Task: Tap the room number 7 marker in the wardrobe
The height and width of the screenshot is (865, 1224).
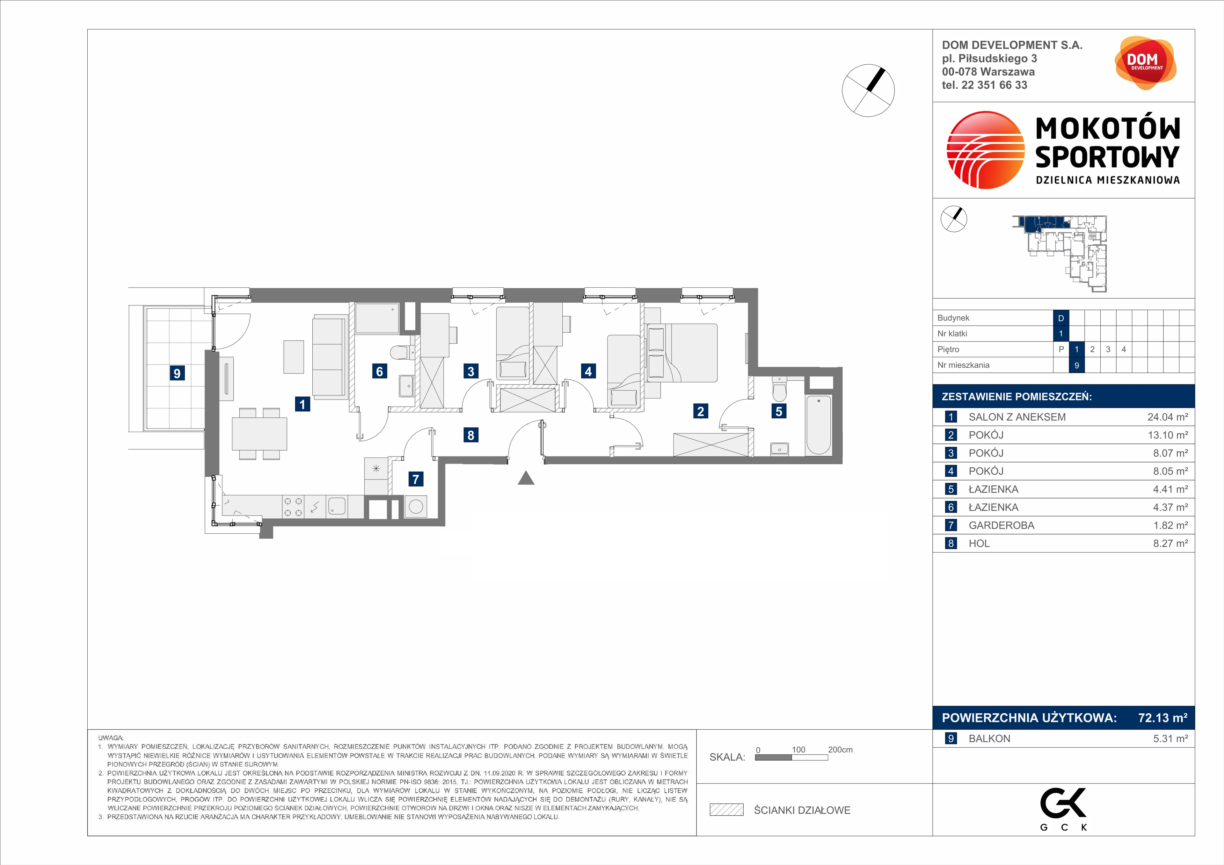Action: (416, 479)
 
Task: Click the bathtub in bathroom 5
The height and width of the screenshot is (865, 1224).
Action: (818, 425)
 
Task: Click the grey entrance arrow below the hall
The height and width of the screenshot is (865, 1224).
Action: (526, 478)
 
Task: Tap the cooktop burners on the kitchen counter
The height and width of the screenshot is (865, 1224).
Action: (293, 507)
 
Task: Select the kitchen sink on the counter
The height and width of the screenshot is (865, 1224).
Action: (337, 506)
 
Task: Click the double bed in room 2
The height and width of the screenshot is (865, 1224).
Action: (682, 353)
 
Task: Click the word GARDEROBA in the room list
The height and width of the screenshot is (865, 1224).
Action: (1001, 525)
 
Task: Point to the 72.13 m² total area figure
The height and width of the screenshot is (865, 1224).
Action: (1163, 718)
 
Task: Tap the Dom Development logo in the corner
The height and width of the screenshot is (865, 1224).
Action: (1145, 63)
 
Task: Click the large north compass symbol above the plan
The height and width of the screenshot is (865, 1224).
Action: (868, 90)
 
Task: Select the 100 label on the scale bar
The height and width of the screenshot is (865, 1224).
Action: (798, 749)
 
